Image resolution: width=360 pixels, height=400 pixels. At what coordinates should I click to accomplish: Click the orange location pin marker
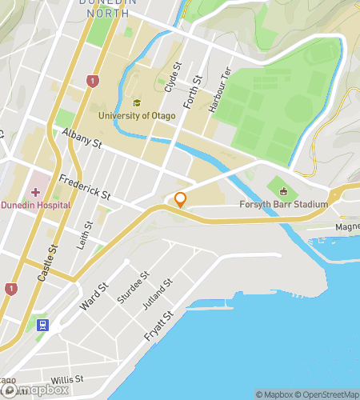point(181,200)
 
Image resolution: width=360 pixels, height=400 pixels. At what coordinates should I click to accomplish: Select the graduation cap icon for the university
point(136,103)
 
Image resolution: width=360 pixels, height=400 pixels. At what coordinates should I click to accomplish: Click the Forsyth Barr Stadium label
point(284,205)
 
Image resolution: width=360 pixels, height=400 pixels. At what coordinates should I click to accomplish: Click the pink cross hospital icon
point(34,192)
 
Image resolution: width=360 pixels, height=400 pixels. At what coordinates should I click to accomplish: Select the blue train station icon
point(42,325)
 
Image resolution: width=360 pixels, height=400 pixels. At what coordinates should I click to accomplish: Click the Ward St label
point(94,298)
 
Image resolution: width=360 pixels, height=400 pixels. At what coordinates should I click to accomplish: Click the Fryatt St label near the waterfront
point(158,327)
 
